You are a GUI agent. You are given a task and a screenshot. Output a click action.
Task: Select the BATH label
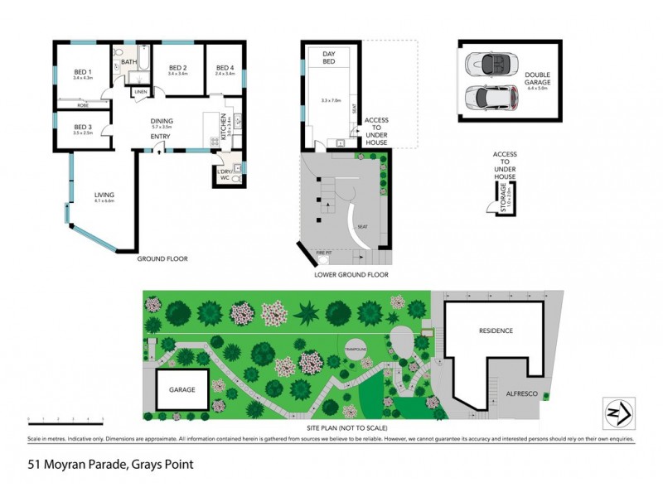[128, 61]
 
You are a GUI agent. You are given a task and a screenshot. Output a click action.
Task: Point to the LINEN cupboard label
[141, 91]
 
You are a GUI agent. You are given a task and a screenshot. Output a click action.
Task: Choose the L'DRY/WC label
[224, 175]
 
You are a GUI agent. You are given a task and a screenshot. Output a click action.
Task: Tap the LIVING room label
[104, 195]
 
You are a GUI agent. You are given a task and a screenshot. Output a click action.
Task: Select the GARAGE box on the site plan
[181, 388]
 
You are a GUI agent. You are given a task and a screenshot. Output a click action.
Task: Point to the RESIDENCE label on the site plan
[496, 331]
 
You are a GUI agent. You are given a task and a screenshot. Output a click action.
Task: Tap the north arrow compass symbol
[618, 412]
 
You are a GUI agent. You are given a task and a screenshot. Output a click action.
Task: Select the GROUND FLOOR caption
[162, 259]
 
